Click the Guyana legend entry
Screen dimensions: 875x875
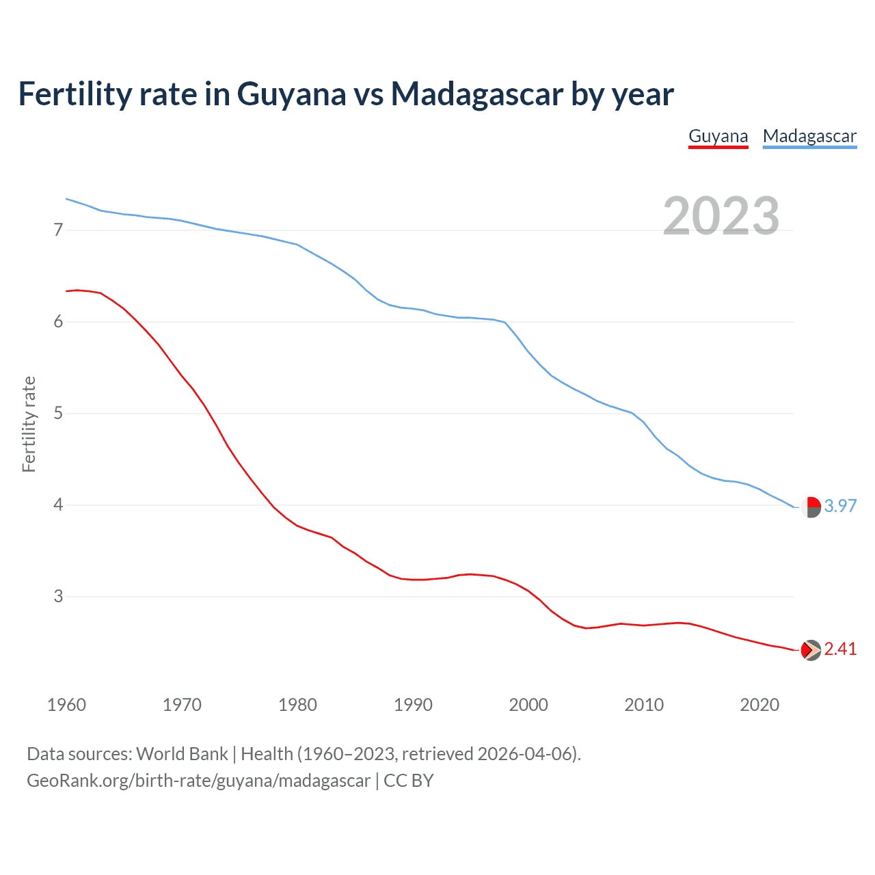point(718,136)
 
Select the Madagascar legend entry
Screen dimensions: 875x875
point(809,136)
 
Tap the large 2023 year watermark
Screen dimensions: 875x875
point(721,216)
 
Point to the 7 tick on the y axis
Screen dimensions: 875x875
point(58,230)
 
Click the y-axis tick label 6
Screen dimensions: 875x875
point(58,322)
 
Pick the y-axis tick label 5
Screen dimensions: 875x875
point(58,414)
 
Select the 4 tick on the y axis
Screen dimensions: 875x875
point(58,505)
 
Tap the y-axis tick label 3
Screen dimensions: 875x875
point(58,597)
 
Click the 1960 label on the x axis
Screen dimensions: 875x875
point(66,705)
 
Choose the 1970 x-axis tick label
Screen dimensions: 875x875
point(182,705)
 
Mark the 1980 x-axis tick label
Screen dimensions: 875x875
point(297,705)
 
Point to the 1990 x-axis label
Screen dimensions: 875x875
point(413,705)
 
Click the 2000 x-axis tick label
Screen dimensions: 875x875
point(528,705)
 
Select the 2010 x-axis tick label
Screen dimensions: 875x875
point(644,705)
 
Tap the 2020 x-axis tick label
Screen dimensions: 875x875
point(759,705)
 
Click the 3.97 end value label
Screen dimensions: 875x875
point(840,507)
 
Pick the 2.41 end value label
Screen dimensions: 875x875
point(840,649)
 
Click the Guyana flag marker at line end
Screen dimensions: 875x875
point(811,650)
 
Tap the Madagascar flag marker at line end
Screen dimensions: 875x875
point(811,507)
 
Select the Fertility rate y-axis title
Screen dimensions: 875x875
point(29,424)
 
